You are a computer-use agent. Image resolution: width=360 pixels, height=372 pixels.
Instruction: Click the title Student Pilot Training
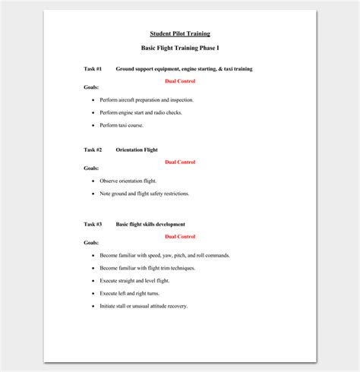point(179,33)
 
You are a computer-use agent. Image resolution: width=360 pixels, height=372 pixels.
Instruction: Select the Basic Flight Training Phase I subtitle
point(179,48)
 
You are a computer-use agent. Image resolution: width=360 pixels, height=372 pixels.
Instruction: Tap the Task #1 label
point(93,69)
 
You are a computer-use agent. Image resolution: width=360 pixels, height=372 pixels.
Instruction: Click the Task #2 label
point(93,150)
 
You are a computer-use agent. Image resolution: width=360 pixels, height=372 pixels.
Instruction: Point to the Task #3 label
point(93,224)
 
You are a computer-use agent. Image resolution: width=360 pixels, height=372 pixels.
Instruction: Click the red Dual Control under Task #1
point(180,80)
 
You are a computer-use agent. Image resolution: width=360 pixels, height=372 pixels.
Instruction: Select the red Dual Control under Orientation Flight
point(180,162)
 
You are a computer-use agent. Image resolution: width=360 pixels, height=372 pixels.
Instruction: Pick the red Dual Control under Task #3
point(180,236)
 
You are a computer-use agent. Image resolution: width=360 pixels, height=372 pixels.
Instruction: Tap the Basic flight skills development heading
point(150,224)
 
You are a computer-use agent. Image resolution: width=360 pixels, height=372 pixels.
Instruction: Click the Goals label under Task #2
point(91,168)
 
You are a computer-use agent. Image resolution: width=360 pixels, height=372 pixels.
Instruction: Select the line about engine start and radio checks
point(141,112)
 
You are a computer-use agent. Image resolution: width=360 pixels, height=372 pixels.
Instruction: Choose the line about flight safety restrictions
point(144,194)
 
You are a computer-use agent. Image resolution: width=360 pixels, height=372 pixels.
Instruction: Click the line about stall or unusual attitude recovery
point(144,306)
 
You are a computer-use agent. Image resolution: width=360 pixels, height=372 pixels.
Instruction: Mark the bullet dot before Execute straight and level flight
point(93,281)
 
